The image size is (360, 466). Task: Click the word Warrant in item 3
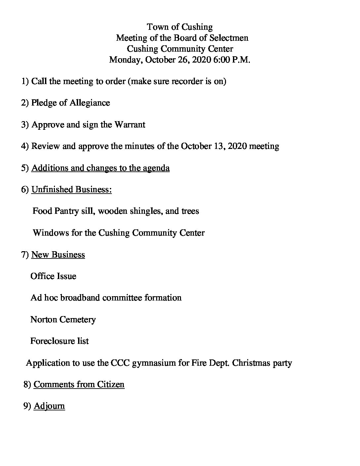pos(130,124)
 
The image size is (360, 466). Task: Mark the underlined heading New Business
pos(58,255)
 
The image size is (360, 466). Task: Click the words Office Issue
pos(53,276)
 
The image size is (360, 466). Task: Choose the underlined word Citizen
pos(111,384)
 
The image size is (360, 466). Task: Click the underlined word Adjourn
pos(49,406)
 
